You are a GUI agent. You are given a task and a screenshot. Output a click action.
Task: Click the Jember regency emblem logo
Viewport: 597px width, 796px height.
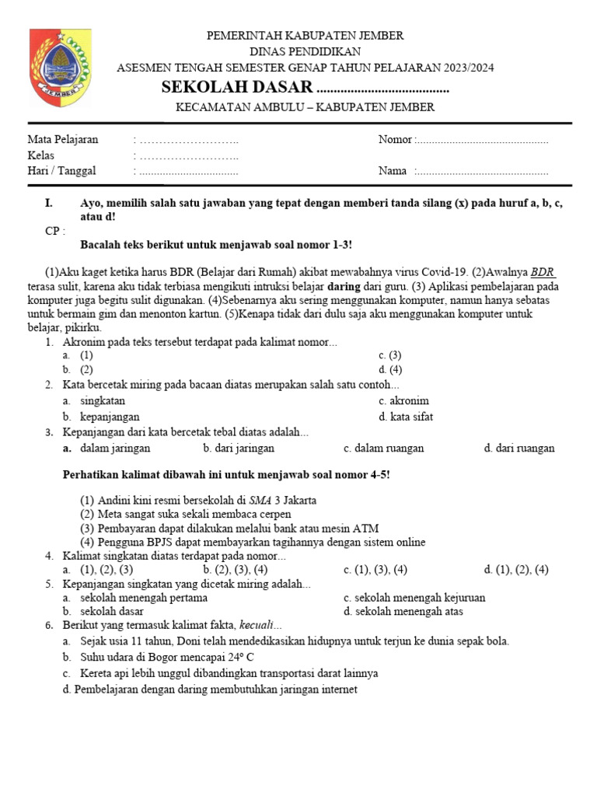pyautogui.click(x=59, y=68)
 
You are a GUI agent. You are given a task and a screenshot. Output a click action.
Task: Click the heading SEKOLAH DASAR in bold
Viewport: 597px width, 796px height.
pyautogui.click(x=237, y=86)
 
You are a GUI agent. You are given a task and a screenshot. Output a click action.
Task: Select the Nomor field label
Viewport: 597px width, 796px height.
pyautogui.click(x=395, y=140)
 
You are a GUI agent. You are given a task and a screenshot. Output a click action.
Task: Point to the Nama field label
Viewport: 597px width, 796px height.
pyautogui.click(x=393, y=171)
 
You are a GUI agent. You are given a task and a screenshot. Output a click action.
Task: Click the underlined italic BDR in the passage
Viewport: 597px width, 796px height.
pyautogui.click(x=543, y=271)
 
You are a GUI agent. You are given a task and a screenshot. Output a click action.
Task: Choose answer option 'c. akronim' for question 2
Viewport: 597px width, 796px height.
pyautogui.click(x=403, y=401)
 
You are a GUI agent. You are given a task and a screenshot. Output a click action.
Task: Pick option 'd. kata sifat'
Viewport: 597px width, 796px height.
pyautogui.click(x=406, y=417)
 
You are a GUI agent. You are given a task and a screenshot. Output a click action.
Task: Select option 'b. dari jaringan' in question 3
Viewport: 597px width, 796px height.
pyautogui.click(x=239, y=448)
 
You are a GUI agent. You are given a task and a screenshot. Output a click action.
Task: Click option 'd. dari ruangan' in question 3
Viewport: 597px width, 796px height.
pyautogui.click(x=519, y=448)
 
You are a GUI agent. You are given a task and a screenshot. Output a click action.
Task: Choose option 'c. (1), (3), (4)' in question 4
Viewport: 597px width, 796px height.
pyautogui.click(x=375, y=570)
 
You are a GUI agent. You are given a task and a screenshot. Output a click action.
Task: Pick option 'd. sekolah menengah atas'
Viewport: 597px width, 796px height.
pyautogui.click(x=403, y=611)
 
